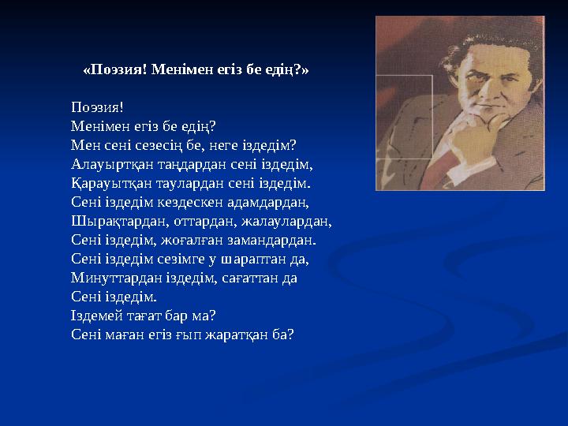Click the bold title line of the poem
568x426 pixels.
[x=196, y=69]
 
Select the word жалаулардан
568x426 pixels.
[x=289, y=222]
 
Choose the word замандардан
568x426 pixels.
[x=270, y=241]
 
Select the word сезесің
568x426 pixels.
[x=151, y=146]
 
